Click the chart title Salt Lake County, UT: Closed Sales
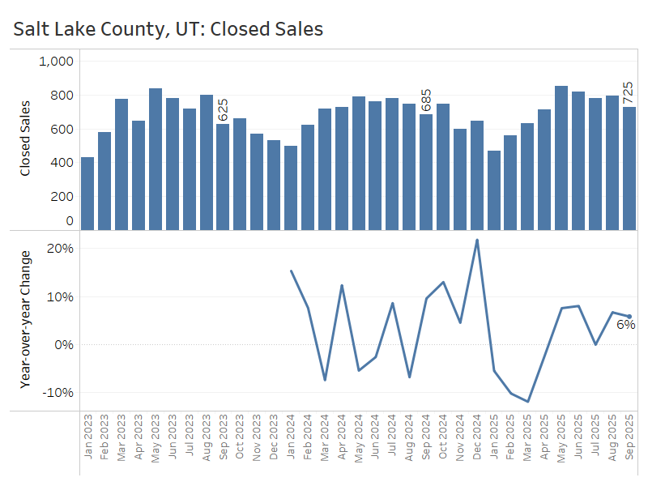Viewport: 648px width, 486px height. click(168, 29)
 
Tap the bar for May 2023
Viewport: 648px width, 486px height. click(156, 158)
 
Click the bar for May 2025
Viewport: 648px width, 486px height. click(561, 157)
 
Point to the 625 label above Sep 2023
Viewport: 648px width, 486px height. click(223, 110)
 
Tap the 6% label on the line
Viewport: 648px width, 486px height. click(625, 325)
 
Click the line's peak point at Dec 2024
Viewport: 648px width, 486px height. click(477, 240)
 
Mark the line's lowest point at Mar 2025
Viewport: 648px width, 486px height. click(528, 401)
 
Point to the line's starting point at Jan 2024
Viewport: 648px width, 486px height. click(291, 271)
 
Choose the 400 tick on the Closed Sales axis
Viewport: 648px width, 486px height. click(62, 163)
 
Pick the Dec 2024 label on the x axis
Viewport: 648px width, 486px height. click(476, 438)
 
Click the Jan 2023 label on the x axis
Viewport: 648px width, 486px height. click(87, 438)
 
